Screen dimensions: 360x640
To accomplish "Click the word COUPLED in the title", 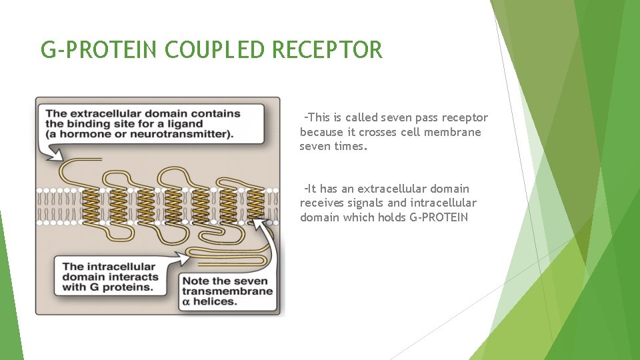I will (x=207, y=50).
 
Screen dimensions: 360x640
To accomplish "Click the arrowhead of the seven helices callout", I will (x=269, y=219).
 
